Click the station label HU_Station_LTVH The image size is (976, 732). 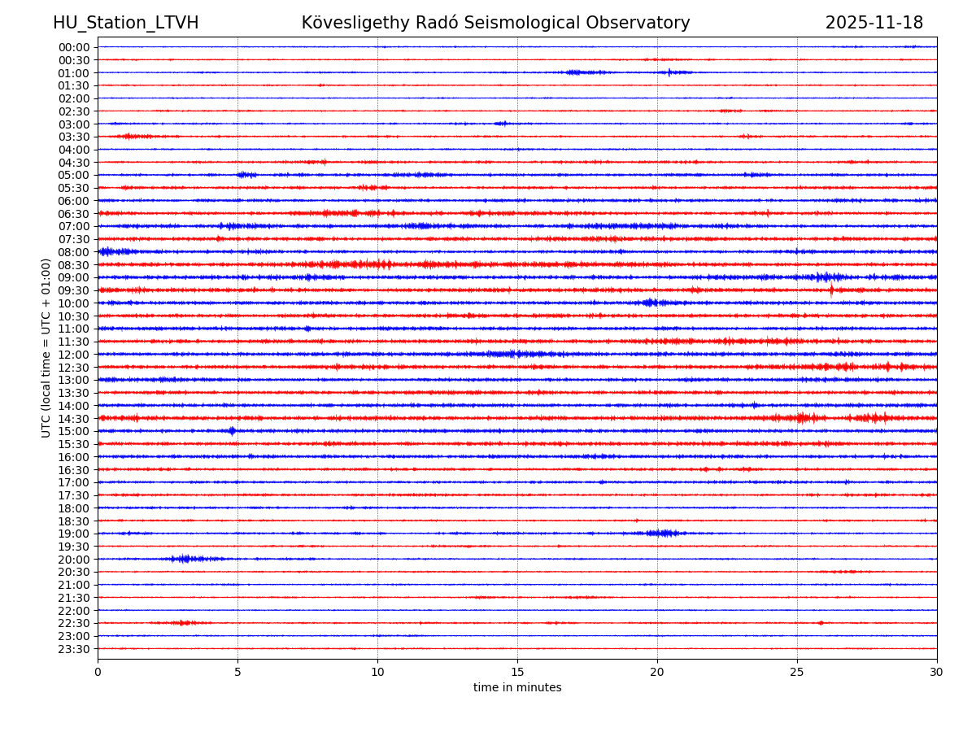coord(125,23)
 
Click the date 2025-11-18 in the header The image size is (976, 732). coord(874,23)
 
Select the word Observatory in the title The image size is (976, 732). coord(643,23)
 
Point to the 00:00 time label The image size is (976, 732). coord(74,47)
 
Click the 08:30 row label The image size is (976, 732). coord(74,265)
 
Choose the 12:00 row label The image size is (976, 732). coord(74,355)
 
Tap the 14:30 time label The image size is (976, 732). coord(74,419)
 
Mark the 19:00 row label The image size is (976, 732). coord(74,534)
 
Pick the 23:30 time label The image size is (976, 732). coord(74,649)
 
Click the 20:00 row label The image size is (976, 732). coord(74,560)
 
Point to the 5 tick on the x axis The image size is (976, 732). coord(237,672)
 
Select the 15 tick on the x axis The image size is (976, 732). coord(517,672)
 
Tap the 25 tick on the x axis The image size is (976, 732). coord(797,672)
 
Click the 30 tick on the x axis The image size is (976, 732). coord(937,672)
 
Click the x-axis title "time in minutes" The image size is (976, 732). coord(517,688)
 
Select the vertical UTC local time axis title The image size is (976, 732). coord(46,347)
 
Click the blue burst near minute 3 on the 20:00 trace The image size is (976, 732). coord(185,559)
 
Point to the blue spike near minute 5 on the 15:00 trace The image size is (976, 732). coord(232,431)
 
